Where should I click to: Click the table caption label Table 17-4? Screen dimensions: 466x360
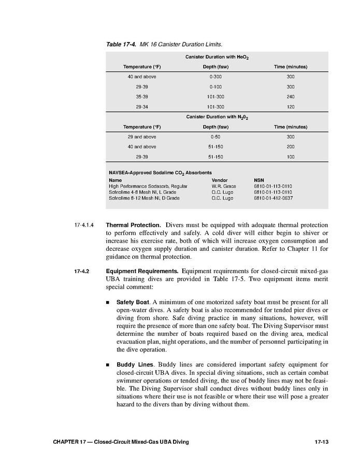[x=122, y=44]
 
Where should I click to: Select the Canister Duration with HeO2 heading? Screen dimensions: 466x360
[x=217, y=57]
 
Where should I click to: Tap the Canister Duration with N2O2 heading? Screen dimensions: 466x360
[x=217, y=117]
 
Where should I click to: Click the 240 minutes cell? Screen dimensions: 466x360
[x=290, y=96]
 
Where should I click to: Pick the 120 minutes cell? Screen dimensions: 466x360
[x=290, y=107]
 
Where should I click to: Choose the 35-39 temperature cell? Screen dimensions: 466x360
[x=142, y=96]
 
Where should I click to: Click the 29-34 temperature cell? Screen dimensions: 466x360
[x=142, y=107]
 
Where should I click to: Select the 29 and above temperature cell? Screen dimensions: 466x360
[x=142, y=137]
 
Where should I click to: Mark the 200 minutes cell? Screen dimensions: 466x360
[x=290, y=147]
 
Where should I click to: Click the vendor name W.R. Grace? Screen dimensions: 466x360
[x=223, y=186]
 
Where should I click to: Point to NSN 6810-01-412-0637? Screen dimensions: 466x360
[x=273, y=198]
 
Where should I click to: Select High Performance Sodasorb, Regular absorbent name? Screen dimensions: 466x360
[x=148, y=186]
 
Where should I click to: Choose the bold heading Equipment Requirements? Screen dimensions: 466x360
[x=142, y=271]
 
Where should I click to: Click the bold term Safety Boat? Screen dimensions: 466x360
[x=133, y=302]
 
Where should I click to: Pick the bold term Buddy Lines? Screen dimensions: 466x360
[x=133, y=365]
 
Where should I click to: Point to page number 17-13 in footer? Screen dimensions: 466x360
[x=322, y=442]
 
